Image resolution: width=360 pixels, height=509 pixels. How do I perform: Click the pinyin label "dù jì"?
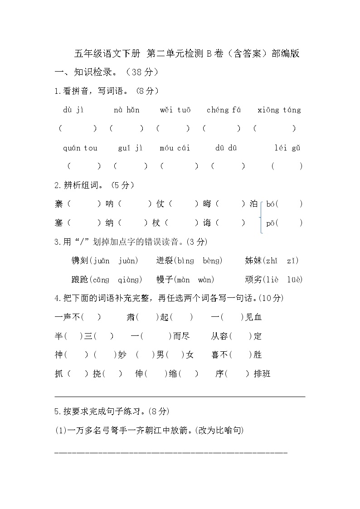[73, 110]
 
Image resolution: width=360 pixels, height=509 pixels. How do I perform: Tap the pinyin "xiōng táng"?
[279, 110]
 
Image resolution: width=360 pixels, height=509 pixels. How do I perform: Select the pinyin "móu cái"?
[175, 148]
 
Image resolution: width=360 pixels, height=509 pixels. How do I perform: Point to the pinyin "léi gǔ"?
[287, 148]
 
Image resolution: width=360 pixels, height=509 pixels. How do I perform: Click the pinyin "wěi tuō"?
[175, 110]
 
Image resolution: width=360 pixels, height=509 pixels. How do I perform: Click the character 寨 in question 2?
[59, 204]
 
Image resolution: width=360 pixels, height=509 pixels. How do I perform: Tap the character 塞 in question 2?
[59, 223]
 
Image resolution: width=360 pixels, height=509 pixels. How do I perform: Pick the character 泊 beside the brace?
[254, 204]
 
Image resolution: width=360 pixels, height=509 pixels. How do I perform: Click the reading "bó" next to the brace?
[271, 204]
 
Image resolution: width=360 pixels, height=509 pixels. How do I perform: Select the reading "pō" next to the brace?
[271, 223]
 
